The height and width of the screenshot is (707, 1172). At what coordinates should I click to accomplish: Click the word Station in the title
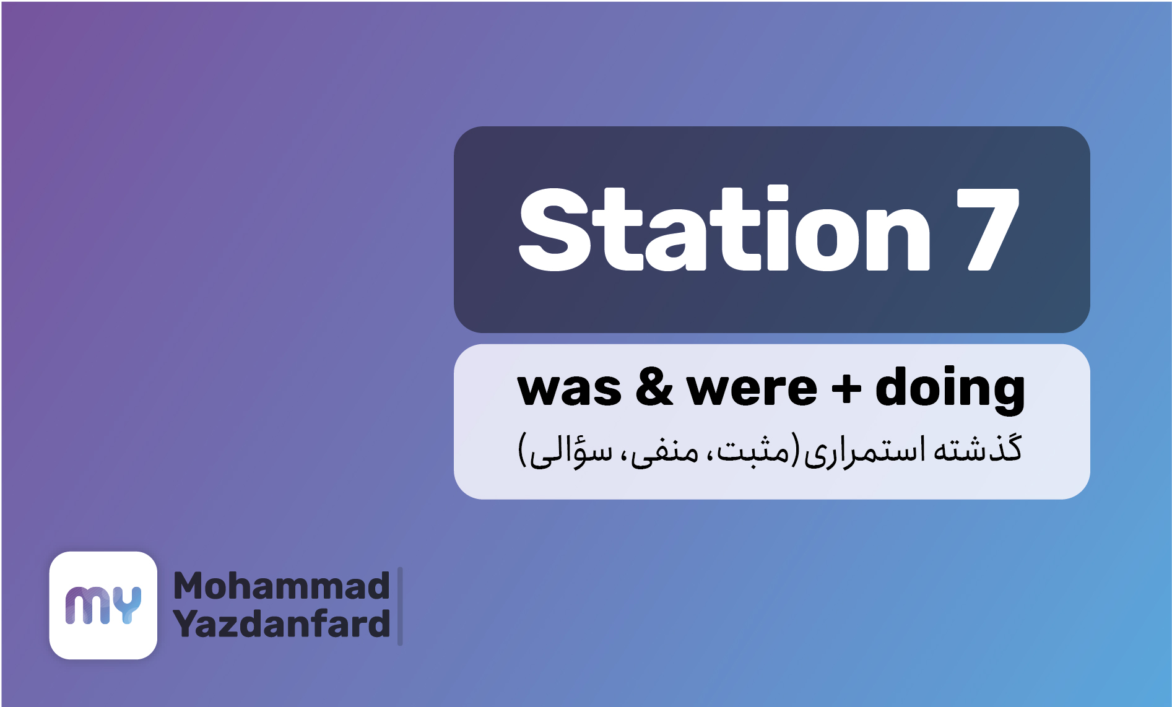(724, 229)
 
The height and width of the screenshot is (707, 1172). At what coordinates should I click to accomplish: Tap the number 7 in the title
(988, 230)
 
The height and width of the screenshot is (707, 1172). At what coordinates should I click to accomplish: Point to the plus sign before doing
(846, 389)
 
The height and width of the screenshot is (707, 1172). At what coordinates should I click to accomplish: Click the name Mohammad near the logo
(282, 586)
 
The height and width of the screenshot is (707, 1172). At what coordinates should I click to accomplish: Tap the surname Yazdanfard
(282, 623)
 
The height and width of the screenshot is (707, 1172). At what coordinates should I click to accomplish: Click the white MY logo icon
(103, 605)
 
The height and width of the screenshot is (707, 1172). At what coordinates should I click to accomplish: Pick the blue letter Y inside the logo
(128, 605)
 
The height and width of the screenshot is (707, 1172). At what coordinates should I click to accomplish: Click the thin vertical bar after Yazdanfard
(400, 606)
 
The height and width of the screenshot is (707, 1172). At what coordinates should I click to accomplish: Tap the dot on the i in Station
(770, 193)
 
